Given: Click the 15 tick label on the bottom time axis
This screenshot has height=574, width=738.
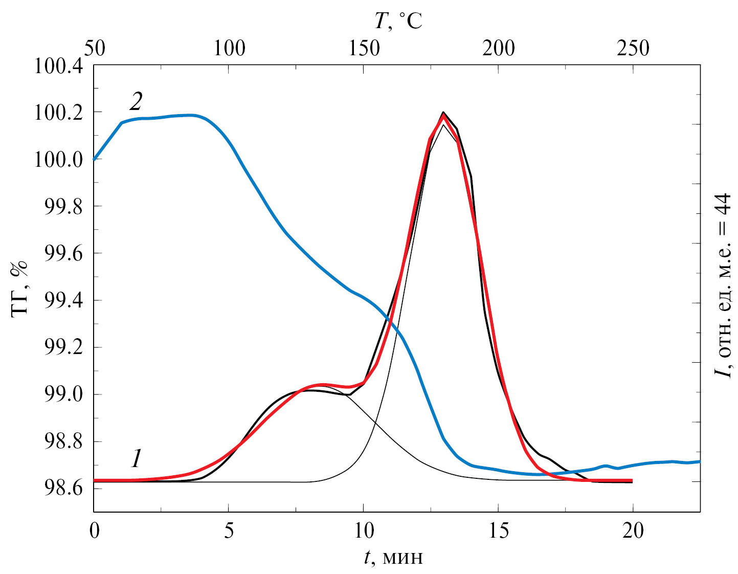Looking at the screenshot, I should [498, 531].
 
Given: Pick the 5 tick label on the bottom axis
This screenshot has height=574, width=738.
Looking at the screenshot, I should [229, 531].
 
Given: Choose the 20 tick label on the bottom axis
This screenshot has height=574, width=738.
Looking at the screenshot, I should [633, 531].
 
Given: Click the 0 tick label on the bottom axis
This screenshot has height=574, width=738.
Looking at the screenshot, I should [94, 531].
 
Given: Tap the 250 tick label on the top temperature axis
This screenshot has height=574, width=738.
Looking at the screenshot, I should [633, 49].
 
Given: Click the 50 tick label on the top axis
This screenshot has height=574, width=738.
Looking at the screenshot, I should [94, 49].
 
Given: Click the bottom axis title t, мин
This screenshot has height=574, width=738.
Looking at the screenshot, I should [394, 557].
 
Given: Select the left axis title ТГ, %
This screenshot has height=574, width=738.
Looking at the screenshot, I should [19, 290].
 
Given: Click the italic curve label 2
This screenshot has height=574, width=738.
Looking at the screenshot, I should [136, 102].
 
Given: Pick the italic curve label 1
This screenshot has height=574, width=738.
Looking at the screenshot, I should [136, 458].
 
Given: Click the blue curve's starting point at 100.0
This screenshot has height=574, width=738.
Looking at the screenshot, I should [94, 160].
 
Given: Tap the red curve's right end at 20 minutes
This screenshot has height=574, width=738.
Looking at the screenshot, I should [632, 480].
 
